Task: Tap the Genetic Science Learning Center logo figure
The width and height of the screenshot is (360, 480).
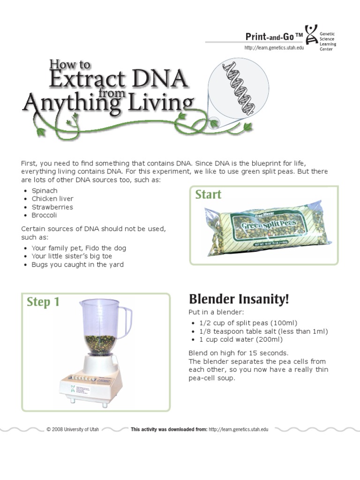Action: pyautogui.click(x=311, y=35)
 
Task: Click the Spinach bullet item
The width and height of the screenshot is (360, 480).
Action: pyautogui.click(x=45, y=191)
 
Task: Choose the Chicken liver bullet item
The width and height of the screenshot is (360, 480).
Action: pyautogui.click(x=52, y=199)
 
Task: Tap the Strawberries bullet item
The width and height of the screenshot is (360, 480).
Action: pyautogui.click(x=52, y=207)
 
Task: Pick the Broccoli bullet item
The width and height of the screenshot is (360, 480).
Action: pyautogui.click(x=44, y=215)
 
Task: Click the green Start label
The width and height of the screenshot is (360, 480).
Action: pyautogui.click(x=208, y=195)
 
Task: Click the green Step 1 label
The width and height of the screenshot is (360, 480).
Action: pyautogui.click(x=43, y=302)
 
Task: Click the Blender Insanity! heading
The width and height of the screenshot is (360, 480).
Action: pyautogui.click(x=239, y=299)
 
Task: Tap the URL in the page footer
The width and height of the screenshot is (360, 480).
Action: pyautogui.click(x=238, y=429)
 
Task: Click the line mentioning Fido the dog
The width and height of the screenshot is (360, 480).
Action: pyautogui.click(x=78, y=248)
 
